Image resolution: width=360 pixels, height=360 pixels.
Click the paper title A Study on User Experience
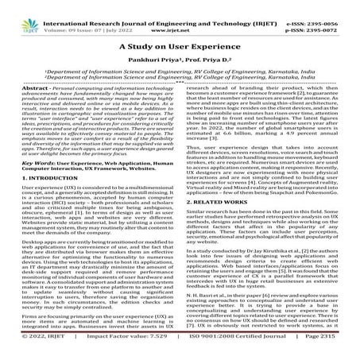click(180, 48)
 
